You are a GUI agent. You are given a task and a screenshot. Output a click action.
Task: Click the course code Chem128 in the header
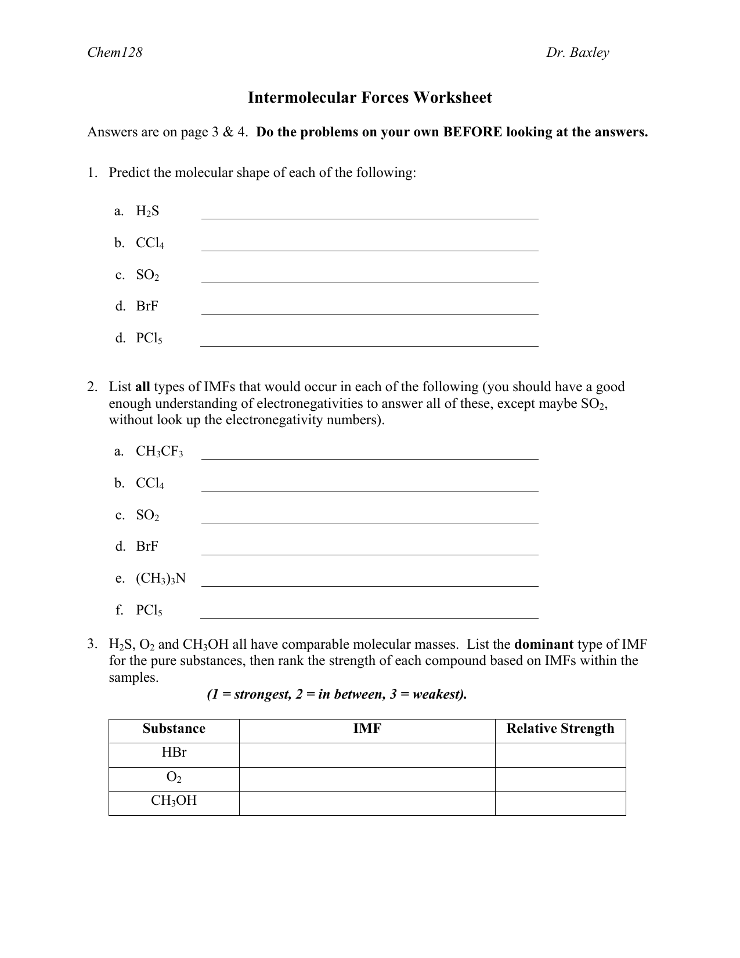click(x=114, y=53)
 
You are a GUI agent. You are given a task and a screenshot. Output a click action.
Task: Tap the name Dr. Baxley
click(x=577, y=53)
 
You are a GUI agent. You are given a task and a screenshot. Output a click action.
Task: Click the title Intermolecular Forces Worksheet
click(x=370, y=97)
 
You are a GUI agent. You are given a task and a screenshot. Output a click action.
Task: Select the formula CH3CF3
click(x=159, y=452)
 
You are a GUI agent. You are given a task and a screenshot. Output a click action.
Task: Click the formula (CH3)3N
click(x=161, y=579)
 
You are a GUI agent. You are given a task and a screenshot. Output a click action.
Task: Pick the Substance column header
click(x=174, y=729)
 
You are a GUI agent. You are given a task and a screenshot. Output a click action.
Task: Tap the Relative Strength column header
click(x=560, y=729)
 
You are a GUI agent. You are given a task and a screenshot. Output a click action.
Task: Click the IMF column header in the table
click(x=367, y=729)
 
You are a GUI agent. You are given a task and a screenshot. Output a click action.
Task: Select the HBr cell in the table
click(x=174, y=753)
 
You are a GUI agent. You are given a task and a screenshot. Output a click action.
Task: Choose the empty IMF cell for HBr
click(x=367, y=754)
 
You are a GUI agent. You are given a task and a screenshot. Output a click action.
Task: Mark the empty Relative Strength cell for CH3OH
click(x=560, y=803)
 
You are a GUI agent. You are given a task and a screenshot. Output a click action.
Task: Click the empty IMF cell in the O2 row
click(x=367, y=779)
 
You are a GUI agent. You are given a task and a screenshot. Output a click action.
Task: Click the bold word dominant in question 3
click(x=544, y=645)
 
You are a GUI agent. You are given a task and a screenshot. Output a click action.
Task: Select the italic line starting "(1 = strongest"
click(x=337, y=695)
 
